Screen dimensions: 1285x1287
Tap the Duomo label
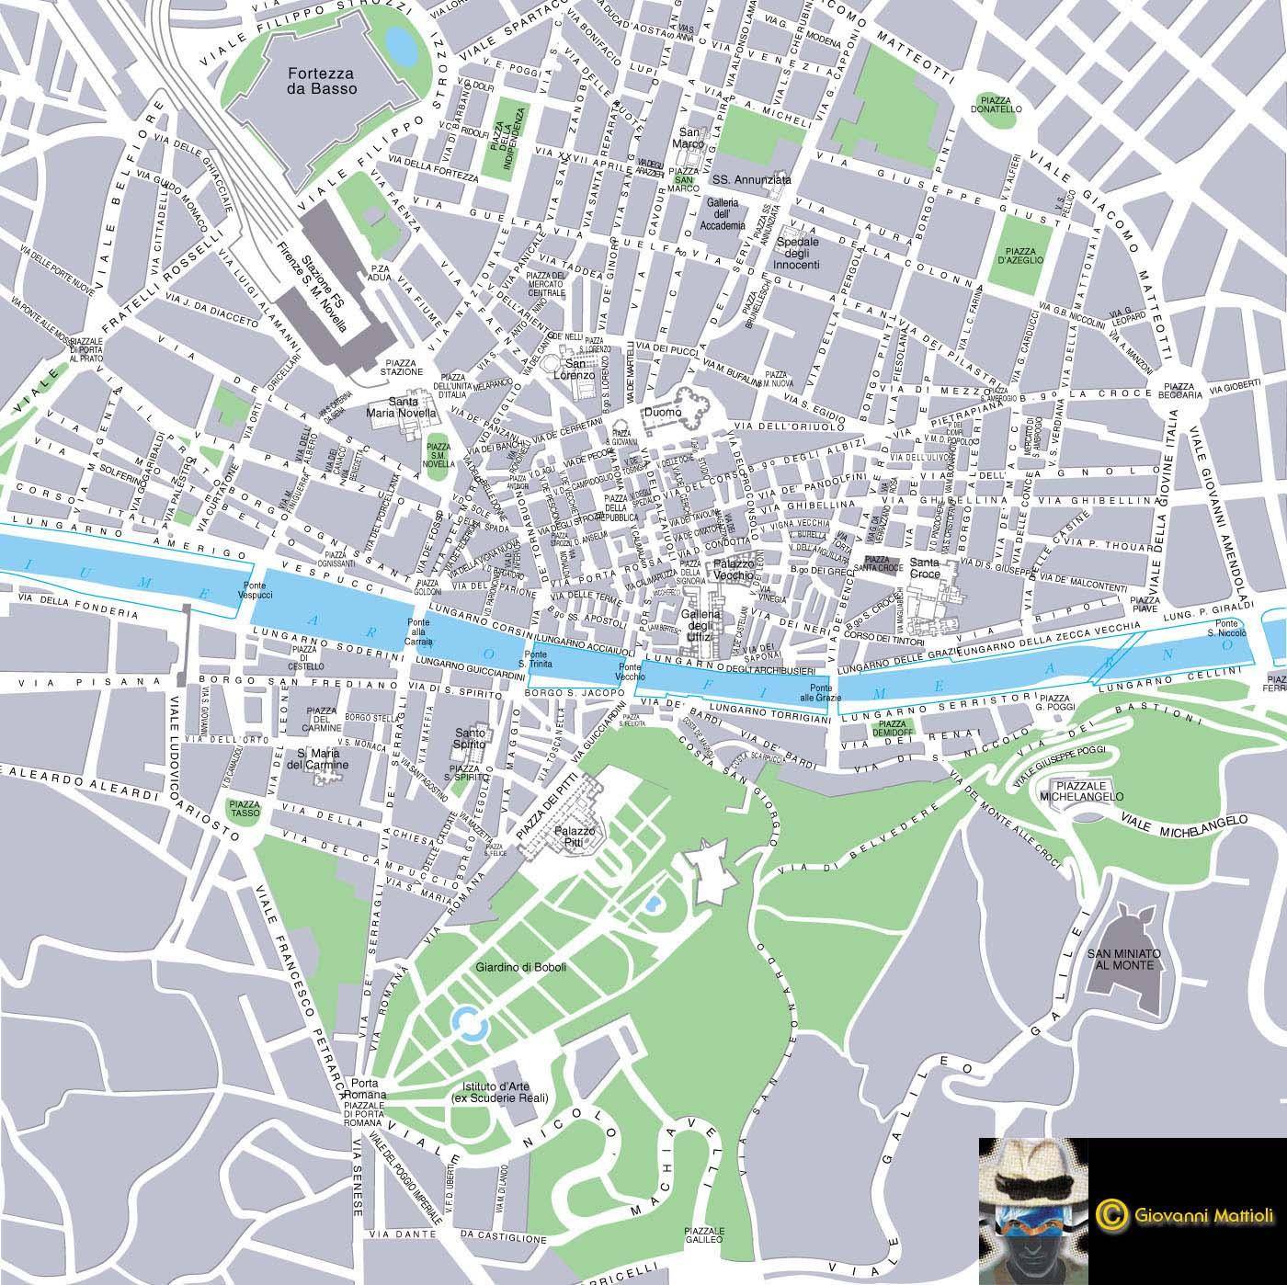(x=663, y=413)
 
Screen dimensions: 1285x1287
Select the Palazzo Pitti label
(x=575, y=836)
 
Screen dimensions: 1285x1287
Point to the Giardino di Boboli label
(x=520, y=967)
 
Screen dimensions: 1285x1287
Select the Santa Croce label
(x=925, y=568)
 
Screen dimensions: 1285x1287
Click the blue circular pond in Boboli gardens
(x=467, y=1020)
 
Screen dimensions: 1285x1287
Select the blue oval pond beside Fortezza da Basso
(x=400, y=42)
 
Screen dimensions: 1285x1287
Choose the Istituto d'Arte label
(x=499, y=1092)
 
